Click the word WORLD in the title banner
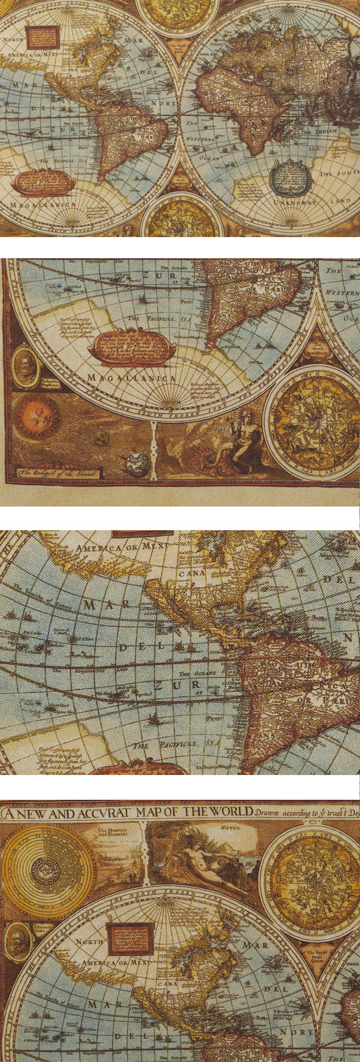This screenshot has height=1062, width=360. [x=228, y=812]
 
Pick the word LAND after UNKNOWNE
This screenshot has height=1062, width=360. [x=340, y=200]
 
